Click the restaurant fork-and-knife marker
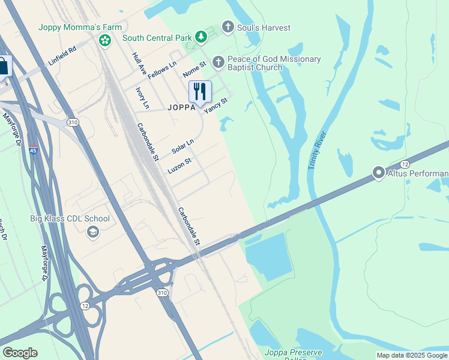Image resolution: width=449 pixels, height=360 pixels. pos(200,92)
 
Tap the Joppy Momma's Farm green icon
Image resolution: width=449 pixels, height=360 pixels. pos(105,40)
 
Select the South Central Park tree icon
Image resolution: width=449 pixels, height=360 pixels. pos(200,38)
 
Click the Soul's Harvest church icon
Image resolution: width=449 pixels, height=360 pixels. pos(228,27)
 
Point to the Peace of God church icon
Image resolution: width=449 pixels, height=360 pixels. pos(218,61)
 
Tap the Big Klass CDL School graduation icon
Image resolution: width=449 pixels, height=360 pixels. pos(92,232)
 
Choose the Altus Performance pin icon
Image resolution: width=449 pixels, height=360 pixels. pos(379,173)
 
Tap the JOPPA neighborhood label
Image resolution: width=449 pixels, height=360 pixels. pos(182,108)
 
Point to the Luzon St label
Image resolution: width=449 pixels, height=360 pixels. pos(179,166)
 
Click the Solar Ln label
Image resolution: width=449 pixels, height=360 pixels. pos(183,146)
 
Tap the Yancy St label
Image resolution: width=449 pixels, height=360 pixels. pos(216,106)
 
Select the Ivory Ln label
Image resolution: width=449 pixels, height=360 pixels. pos(142,97)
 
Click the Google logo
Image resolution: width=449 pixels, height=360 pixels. pos(20,353)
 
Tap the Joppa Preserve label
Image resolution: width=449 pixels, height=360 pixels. pos(293,352)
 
